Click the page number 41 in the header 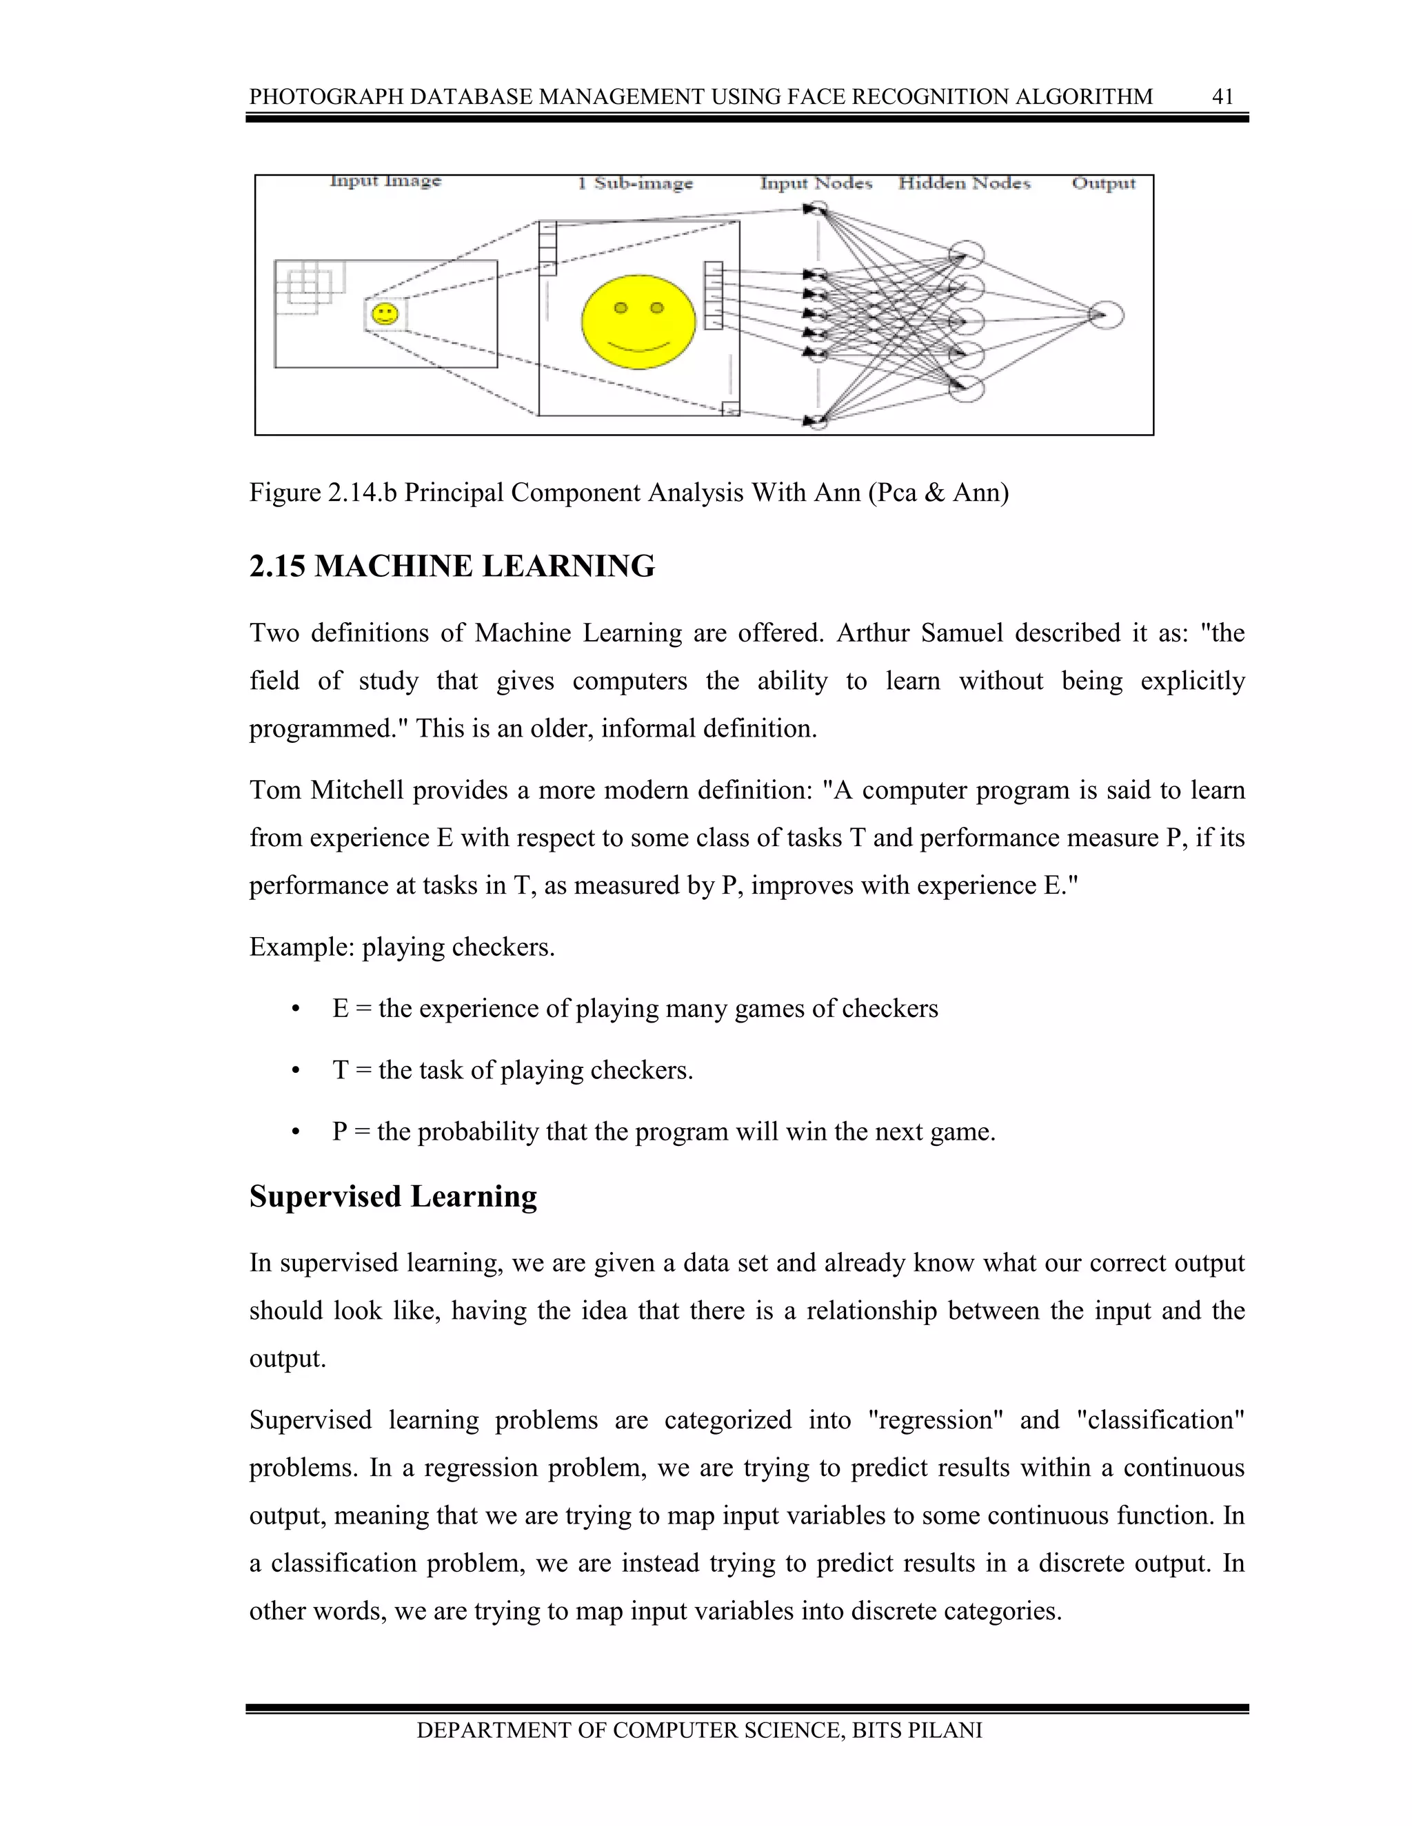1222,97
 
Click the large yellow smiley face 638,321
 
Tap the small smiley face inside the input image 385,314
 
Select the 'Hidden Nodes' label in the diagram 964,183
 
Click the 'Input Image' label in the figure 385,181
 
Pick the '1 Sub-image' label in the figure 635,183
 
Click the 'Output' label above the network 1103,183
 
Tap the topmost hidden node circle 966,254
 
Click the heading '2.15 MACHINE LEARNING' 452,567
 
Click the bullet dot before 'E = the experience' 294,1010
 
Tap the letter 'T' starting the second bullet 340,1070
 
